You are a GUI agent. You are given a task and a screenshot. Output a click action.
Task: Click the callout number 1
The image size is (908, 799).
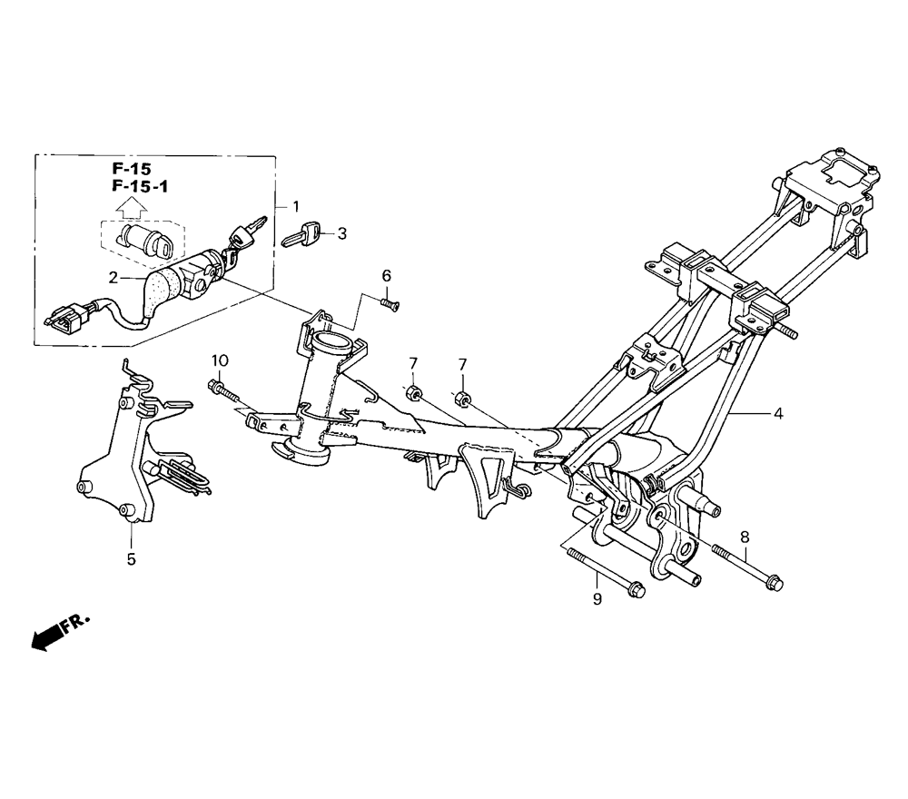(x=296, y=207)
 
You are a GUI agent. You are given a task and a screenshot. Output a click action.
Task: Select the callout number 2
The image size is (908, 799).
(x=113, y=278)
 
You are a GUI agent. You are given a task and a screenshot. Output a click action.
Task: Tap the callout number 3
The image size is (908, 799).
(x=342, y=233)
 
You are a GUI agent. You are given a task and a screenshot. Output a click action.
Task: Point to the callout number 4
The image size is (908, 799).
(x=778, y=413)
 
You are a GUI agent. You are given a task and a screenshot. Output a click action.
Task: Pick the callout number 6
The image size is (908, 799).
(x=386, y=276)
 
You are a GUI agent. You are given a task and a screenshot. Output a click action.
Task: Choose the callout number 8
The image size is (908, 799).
(x=745, y=538)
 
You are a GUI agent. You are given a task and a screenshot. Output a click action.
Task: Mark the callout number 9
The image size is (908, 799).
(x=597, y=599)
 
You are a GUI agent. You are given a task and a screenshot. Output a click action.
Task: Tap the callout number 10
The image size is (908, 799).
(x=220, y=360)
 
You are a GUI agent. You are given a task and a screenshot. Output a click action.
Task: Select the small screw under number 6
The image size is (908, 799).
(x=390, y=303)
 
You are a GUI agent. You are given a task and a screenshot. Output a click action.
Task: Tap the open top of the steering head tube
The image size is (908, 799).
(x=332, y=340)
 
